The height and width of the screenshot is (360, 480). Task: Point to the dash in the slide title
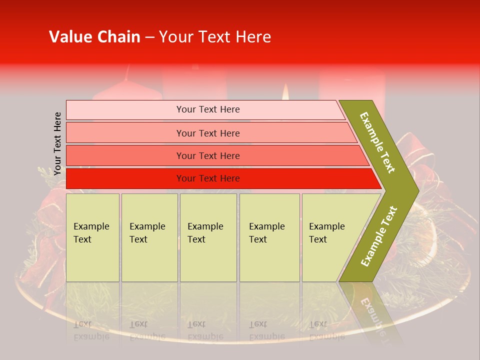click(x=149, y=37)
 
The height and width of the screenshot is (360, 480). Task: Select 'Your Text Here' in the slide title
click(x=215, y=37)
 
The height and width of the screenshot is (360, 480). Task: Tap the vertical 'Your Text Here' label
click(x=57, y=143)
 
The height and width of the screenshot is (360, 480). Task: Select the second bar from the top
click(x=208, y=133)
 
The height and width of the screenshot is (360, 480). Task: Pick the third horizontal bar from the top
click(x=208, y=155)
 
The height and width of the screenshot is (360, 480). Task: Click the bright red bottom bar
click(x=208, y=178)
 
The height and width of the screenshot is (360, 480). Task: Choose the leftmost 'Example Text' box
click(x=92, y=237)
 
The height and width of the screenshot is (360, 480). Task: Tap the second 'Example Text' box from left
click(x=149, y=237)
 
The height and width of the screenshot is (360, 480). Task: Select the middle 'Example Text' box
click(x=208, y=237)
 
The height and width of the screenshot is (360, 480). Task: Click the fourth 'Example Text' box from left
click(x=269, y=237)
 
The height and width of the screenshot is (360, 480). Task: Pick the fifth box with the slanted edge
click(x=330, y=237)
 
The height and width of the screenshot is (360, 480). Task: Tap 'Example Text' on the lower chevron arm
click(x=379, y=236)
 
